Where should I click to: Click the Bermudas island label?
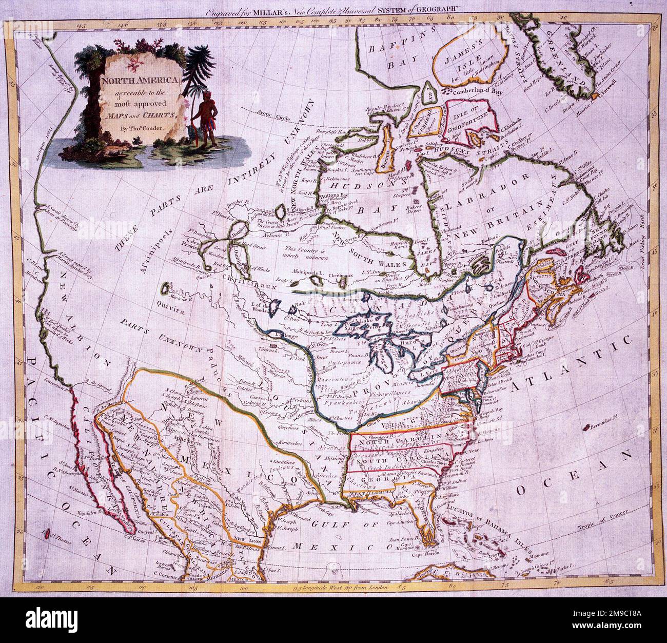pyautogui.click(x=609, y=421)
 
